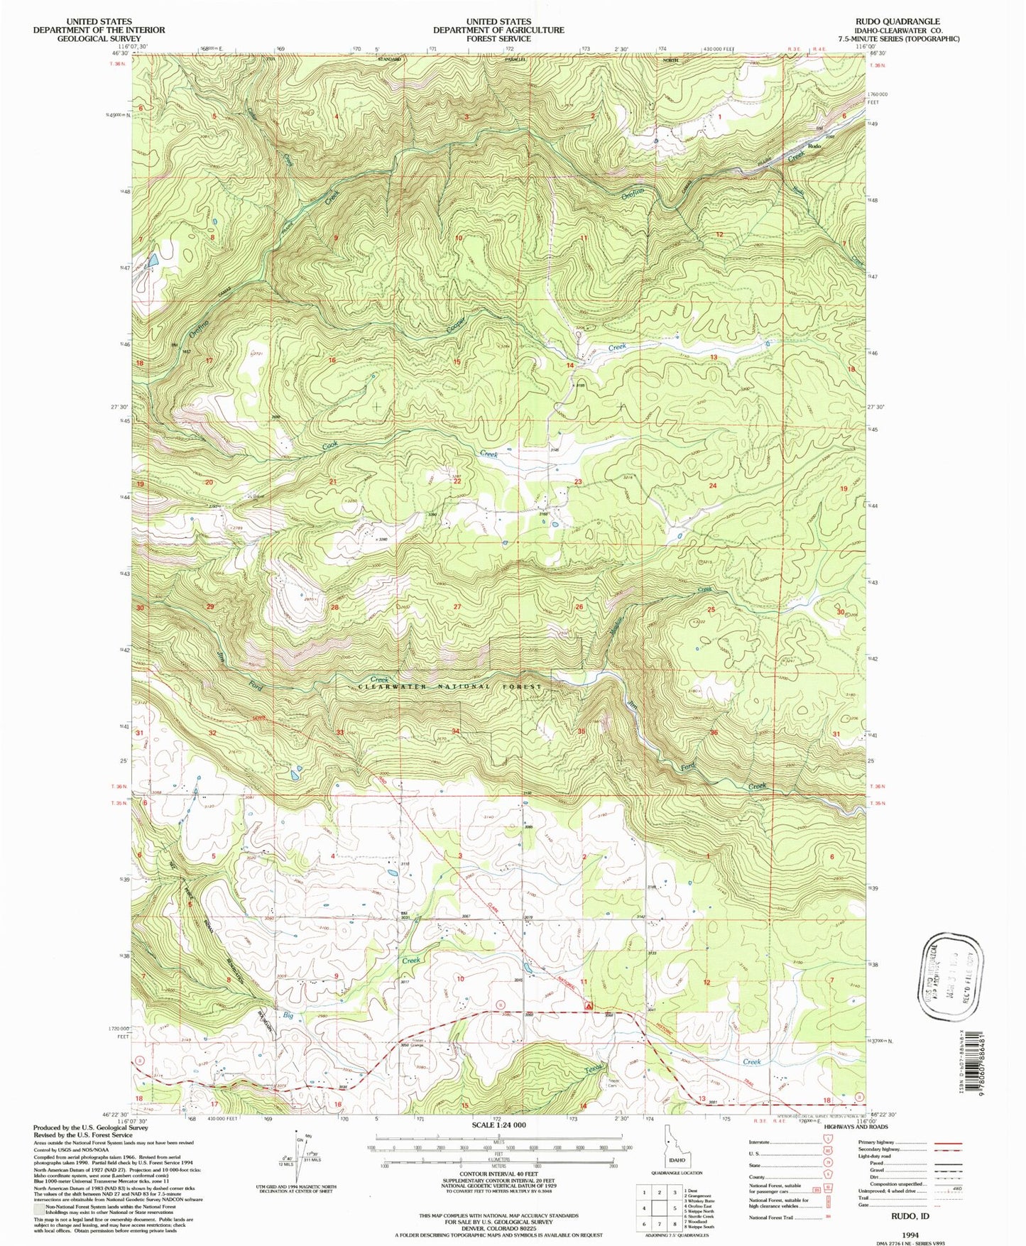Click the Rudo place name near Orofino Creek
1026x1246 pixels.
click(x=814, y=146)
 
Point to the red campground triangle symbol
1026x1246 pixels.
click(x=588, y=1006)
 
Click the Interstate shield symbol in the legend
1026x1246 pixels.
click(x=827, y=1142)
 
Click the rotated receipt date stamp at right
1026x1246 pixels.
click(x=949, y=975)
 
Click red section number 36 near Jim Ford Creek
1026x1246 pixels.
click(x=714, y=733)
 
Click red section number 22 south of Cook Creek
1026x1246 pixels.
click(x=457, y=481)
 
